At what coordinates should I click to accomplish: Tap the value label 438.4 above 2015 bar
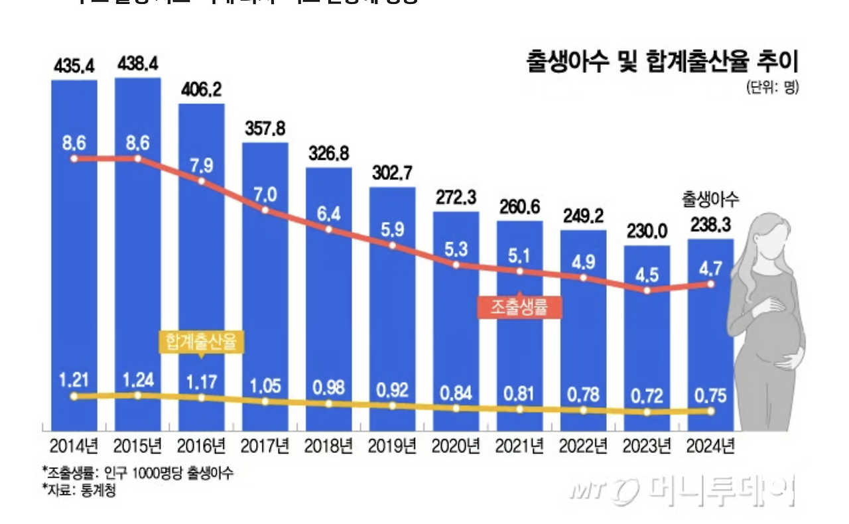(137, 64)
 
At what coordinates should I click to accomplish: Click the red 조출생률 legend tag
(519, 306)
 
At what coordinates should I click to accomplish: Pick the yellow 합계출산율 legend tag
(201, 342)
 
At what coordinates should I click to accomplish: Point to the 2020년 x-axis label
(456, 445)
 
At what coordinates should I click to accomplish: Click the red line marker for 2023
(647, 291)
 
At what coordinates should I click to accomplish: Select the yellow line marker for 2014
(74, 396)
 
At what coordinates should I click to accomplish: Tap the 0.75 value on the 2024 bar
(711, 395)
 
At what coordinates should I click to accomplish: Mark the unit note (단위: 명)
(773, 87)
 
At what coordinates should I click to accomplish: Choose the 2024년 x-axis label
(711, 445)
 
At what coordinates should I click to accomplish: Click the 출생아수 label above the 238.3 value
(711, 198)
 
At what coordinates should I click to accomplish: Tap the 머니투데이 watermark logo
(683, 491)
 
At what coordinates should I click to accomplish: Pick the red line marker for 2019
(392, 245)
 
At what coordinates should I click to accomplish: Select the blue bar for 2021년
(519, 325)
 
